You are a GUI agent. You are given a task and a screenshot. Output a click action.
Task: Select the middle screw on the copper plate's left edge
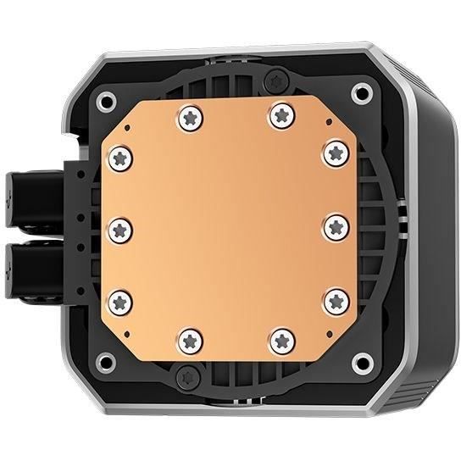coord(120,227)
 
